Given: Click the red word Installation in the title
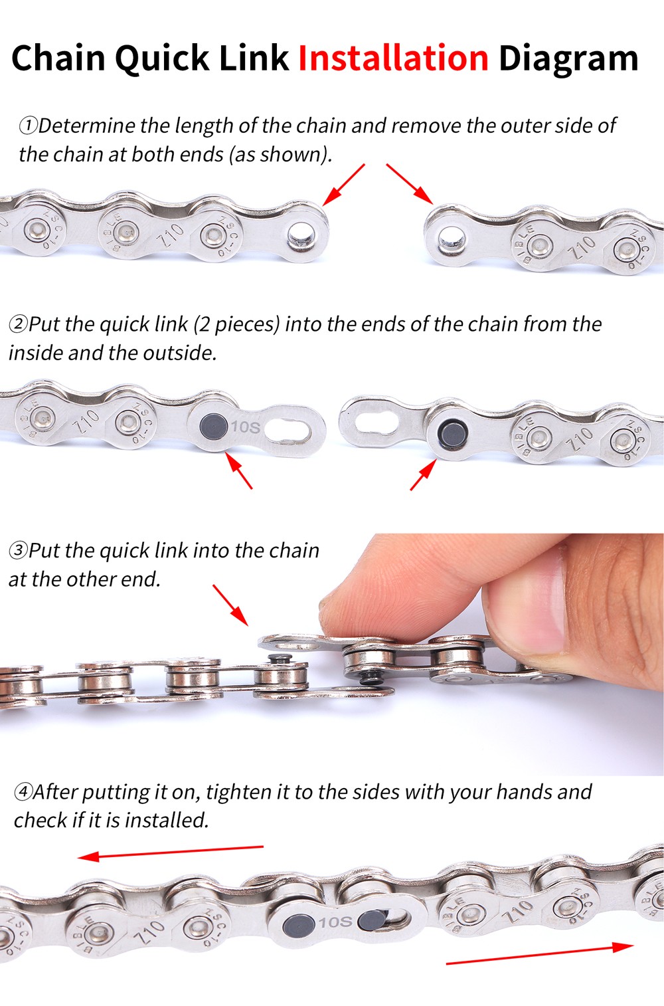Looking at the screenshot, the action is tap(393, 58).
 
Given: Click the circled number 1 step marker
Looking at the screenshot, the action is tap(28, 126).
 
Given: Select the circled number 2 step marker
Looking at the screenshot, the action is tap(18, 324).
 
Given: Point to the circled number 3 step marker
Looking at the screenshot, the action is tap(18, 551).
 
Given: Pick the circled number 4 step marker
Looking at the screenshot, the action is tap(23, 792).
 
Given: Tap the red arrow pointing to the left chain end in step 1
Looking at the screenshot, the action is tap(344, 185).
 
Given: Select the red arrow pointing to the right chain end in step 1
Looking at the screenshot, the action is tap(410, 184).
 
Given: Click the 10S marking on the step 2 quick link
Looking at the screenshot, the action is tap(246, 427).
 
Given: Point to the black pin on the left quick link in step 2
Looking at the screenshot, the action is tap(214, 426).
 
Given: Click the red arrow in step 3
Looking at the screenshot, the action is tap(230, 605).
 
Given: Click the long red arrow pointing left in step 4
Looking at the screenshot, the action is tap(171, 852).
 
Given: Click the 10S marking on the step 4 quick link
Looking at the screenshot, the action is tap(335, 922).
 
